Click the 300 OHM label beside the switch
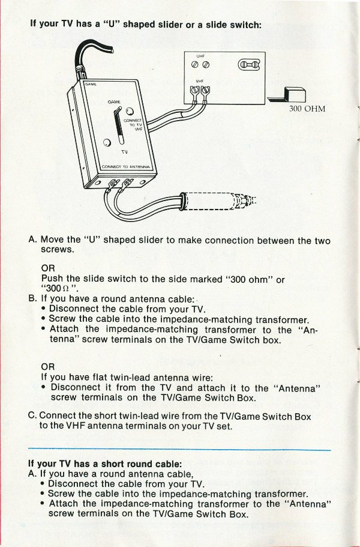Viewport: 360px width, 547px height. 307,109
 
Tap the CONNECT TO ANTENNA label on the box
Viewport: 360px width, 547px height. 128,166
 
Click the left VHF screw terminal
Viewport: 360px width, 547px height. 193,92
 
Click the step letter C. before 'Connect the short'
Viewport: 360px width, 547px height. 32,416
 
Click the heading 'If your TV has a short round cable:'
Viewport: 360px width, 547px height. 105,464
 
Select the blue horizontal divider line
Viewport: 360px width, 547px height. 179,449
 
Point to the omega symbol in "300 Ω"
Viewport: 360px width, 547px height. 61,288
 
